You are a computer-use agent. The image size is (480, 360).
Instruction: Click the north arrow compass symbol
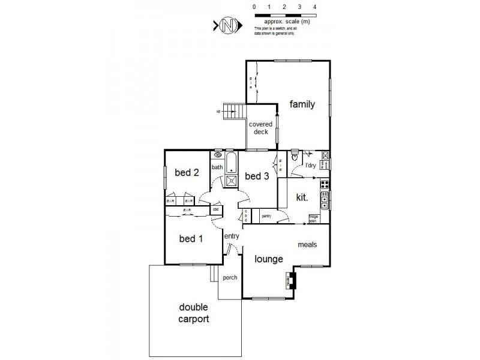227,26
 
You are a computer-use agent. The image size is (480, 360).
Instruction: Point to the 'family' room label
302,104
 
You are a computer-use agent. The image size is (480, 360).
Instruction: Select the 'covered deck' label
261,128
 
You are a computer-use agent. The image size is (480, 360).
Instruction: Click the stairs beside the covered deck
234,111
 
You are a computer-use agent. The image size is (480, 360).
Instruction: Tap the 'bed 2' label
187,173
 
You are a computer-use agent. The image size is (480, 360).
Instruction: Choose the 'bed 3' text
257,176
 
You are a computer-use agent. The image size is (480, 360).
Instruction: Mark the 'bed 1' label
191,239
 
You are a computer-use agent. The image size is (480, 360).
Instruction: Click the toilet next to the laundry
295,155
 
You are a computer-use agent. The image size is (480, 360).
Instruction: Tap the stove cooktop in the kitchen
325,183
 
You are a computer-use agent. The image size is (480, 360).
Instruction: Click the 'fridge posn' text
313,218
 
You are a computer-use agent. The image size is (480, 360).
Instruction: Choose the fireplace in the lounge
291,280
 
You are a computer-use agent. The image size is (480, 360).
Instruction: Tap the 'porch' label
230,278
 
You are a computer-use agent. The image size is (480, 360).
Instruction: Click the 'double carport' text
194,313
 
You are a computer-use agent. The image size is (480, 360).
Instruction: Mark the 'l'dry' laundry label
311,165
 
